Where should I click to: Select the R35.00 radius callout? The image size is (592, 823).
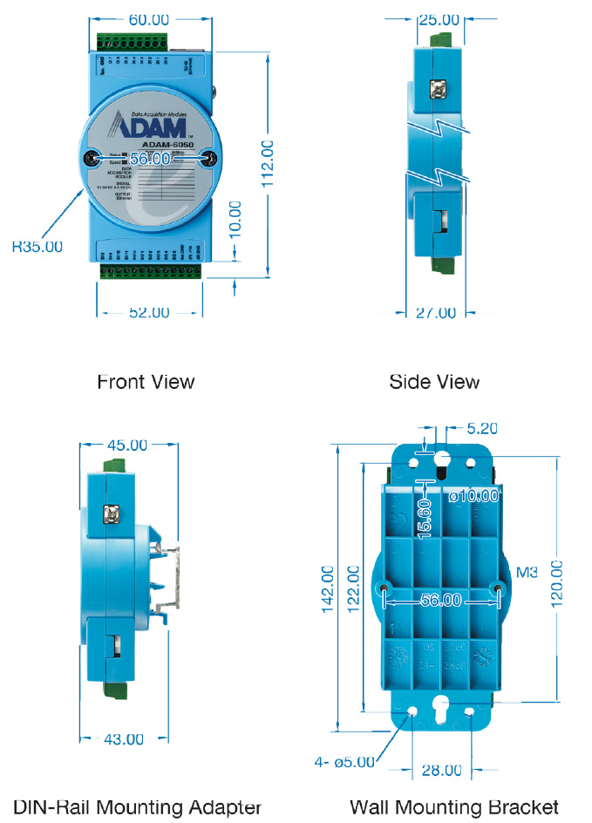coord(37,247)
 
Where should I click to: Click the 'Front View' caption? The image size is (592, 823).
coord(146,382)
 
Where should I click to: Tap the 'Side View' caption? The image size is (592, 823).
coord(435,382)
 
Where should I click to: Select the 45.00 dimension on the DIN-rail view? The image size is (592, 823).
coord(126,445)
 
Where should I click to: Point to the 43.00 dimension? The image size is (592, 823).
coord(124,739)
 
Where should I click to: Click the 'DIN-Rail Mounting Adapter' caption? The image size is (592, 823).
coord(137,806)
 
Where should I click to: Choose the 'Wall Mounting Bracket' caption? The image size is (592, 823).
coord(453,806)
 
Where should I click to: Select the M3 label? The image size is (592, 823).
coord(527,573)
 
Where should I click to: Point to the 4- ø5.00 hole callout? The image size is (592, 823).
coord(344,761)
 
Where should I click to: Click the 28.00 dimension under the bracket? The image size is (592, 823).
coord(441,770)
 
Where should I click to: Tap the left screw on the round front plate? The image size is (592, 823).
coord(90,159)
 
